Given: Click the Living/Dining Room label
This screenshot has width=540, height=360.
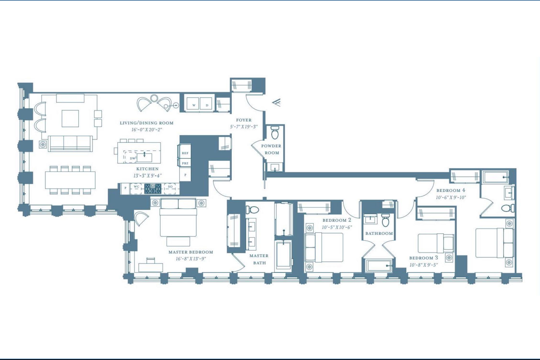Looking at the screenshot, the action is coord(147,123).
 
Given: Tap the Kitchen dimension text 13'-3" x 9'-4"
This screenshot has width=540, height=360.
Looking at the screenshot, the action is coord(147,176).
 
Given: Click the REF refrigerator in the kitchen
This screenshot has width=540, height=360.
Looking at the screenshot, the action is coord(185,152).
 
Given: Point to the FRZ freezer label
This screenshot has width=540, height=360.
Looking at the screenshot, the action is coord(185,163).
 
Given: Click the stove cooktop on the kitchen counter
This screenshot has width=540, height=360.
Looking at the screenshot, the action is coord(153,188).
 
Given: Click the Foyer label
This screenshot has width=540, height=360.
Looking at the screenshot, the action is coord(244,120).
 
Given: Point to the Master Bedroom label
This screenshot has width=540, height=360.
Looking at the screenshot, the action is coord(191,252).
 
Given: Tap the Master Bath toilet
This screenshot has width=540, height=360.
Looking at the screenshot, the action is coord(252,209).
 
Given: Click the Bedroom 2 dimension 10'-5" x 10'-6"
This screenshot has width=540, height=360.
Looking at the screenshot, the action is coord(337,227).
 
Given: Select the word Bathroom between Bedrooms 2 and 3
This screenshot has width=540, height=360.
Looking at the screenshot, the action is coord(379,233).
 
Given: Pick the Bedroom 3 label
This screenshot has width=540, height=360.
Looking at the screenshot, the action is coord(424,258).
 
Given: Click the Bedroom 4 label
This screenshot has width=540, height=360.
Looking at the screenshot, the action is coord(451,190).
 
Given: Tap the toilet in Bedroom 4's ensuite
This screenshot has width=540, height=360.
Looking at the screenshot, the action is coord(508,208).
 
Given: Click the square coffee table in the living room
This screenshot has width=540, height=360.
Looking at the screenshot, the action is coord(70,118).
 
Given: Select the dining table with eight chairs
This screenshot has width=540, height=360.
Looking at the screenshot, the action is coord(70,180).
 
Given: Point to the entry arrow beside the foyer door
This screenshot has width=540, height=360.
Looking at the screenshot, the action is coord(276,102).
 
